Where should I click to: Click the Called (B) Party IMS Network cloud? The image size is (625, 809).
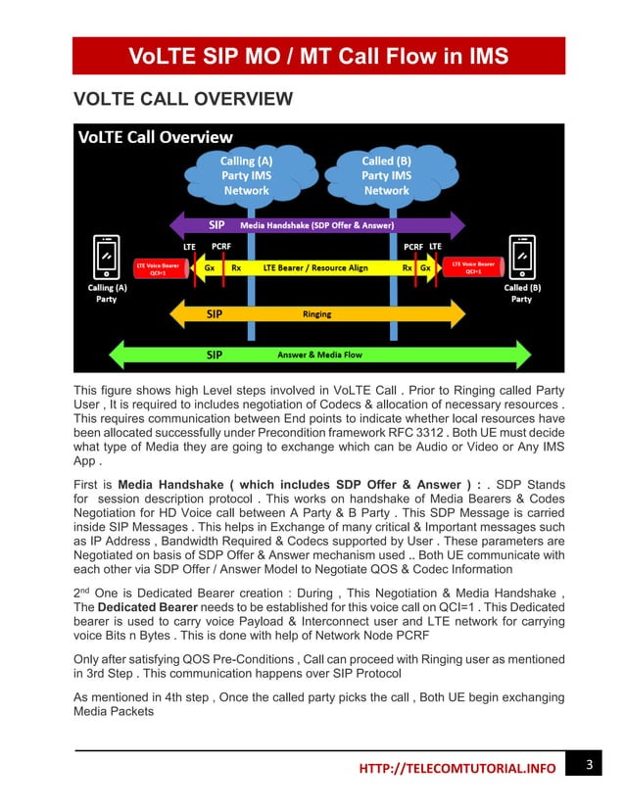click(387, 174)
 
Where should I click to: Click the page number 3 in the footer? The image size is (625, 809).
click(589, 764)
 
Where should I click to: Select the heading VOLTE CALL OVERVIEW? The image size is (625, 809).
click(183, 99)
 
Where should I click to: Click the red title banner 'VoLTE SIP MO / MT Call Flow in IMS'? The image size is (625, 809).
click(318, 56)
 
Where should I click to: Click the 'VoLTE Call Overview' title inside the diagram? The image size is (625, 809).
click(156, 136)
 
